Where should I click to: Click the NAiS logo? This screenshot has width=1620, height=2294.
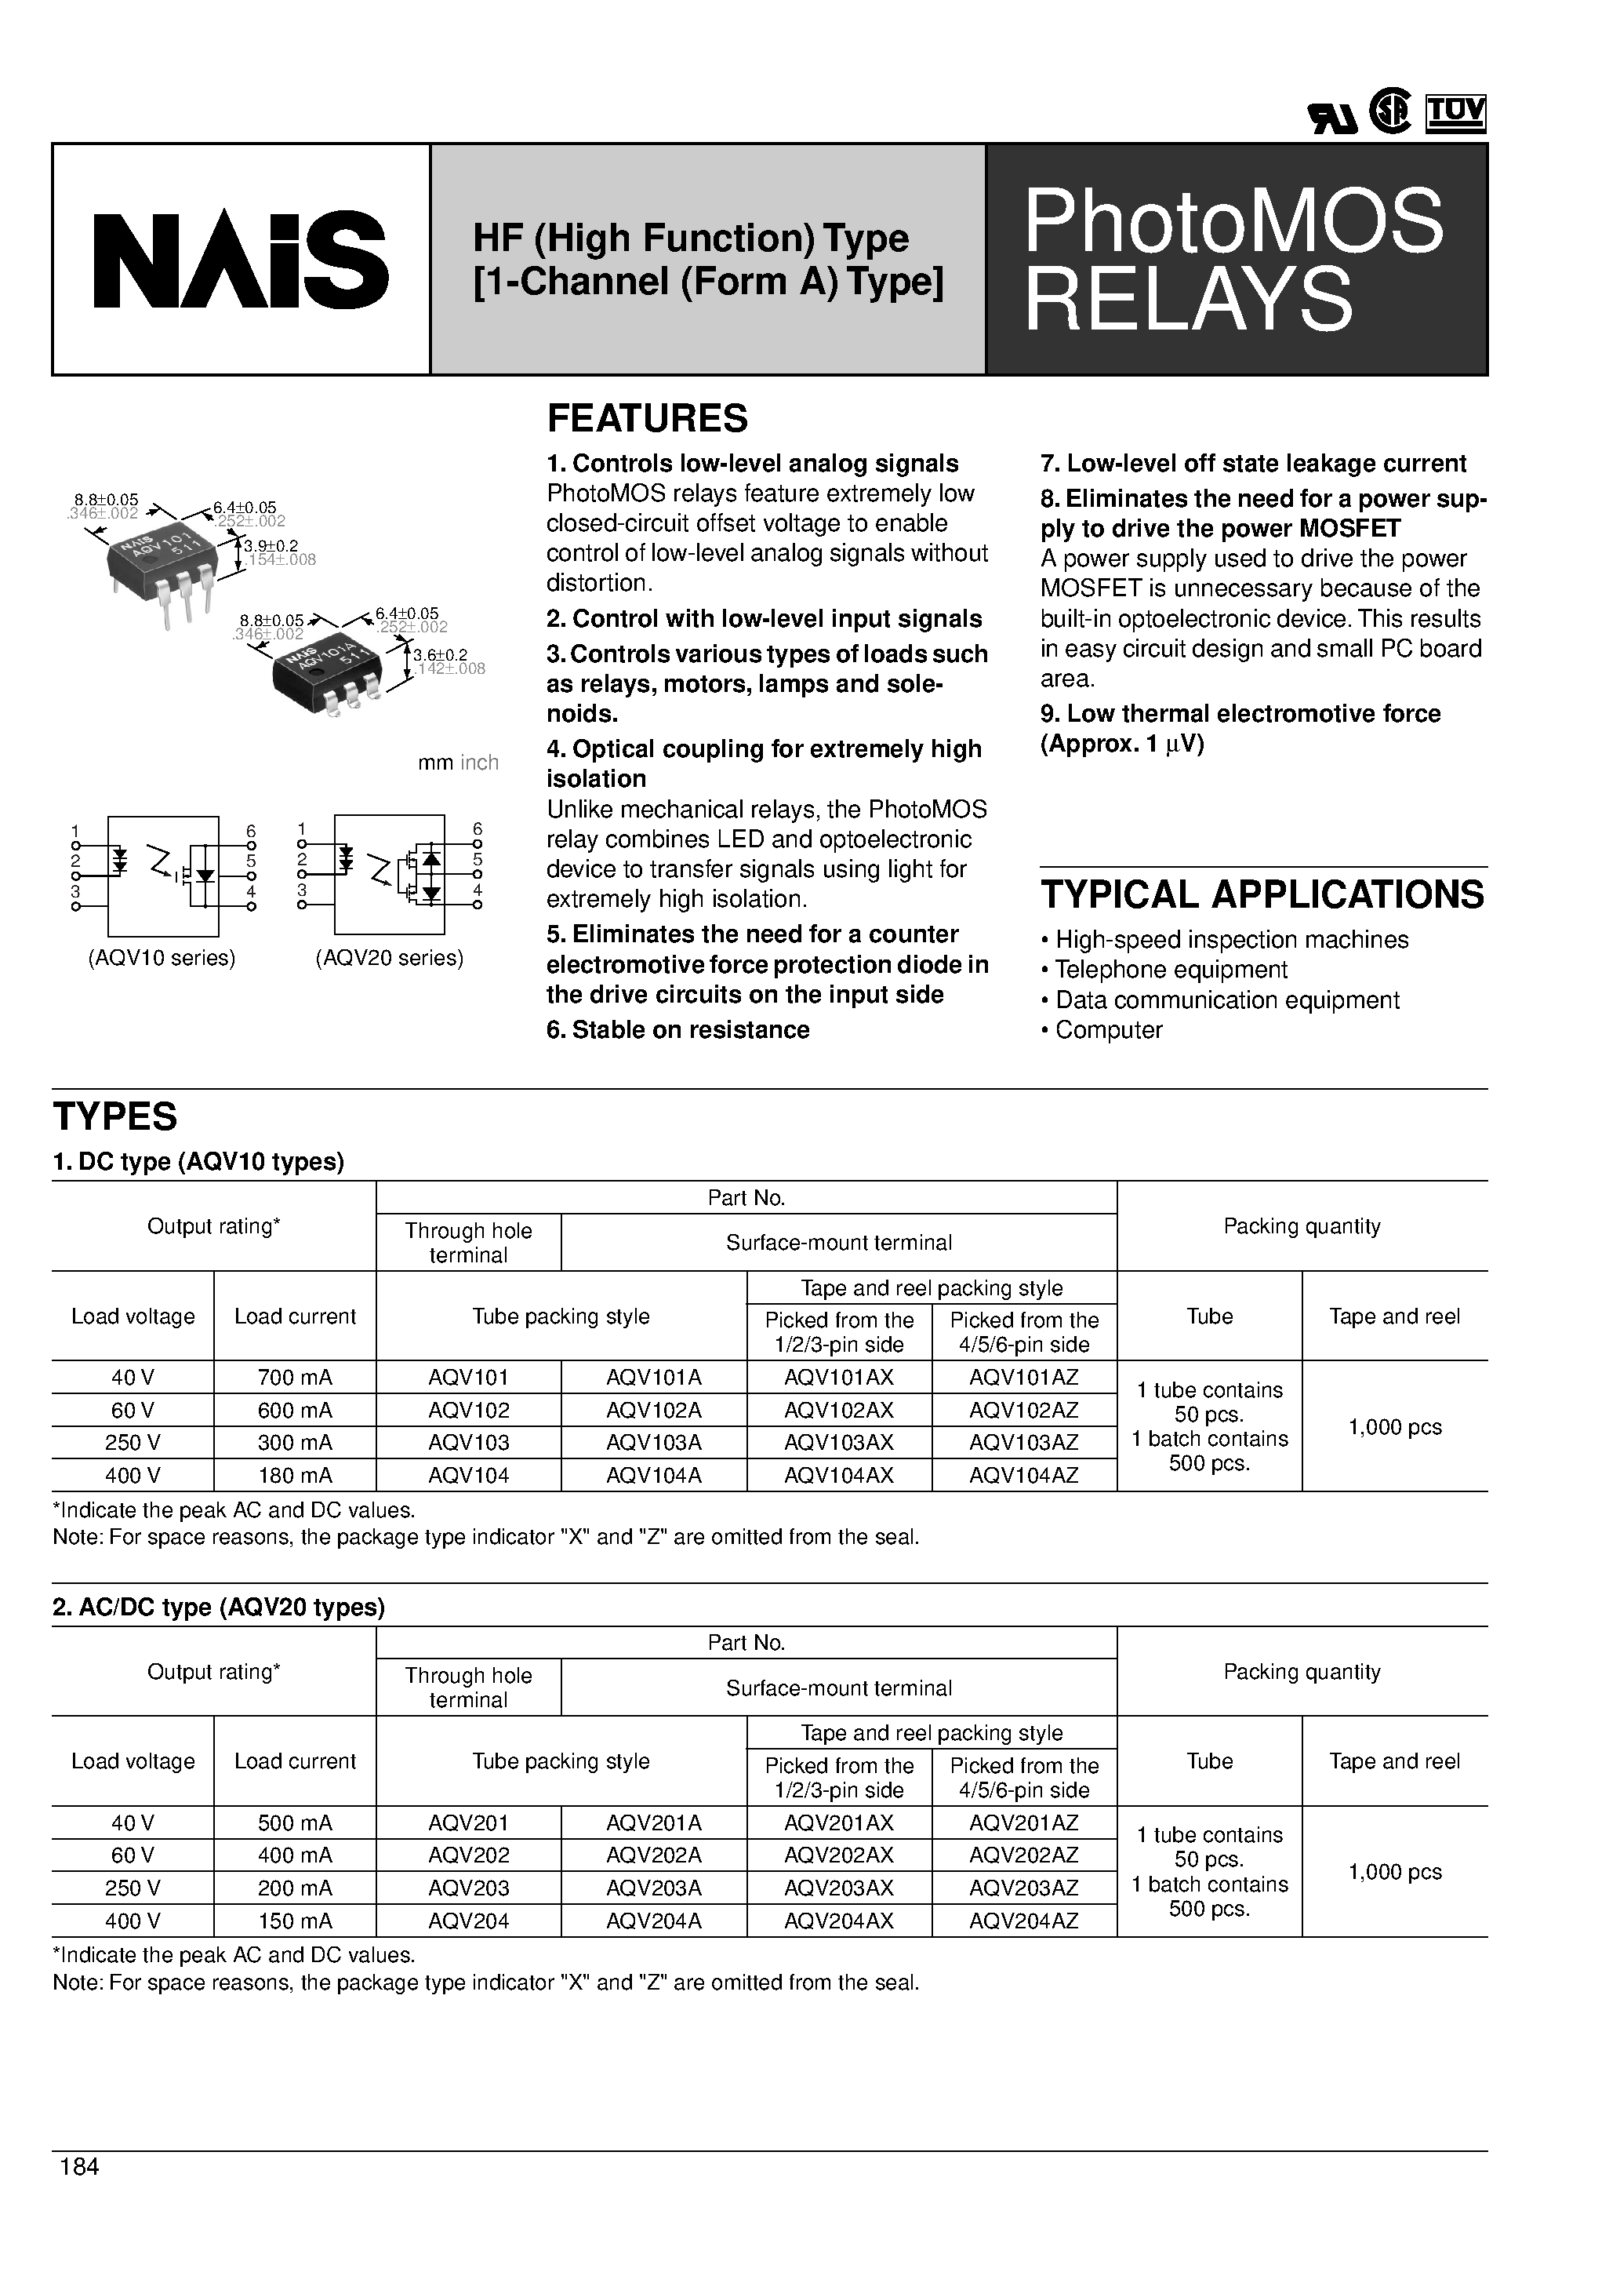point(241,260)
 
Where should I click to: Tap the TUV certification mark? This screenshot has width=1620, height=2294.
point(1455,113)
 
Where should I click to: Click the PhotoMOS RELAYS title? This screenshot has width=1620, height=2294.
point(1233,260)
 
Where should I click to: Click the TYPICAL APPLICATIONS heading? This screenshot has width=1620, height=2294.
point(1262,894)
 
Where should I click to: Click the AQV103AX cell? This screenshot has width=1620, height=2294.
point(838,1443)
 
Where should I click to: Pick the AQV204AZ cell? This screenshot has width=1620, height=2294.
point(1024,1921)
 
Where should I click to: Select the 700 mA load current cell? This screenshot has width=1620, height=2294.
point(295,1377)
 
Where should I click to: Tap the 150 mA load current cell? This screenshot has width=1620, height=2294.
point(295,1921)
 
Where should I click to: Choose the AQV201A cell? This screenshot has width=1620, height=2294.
point(653,1822)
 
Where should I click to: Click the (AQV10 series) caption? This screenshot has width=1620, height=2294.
point(162,958)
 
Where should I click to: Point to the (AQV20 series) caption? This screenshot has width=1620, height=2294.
point(390,958)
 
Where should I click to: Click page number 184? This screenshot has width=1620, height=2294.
point(80,2166)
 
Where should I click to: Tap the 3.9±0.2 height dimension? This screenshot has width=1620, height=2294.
point(271,545)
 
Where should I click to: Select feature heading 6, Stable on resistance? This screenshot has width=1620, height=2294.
point(677,1030)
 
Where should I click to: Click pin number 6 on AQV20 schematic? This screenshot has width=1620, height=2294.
point(478,829)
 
